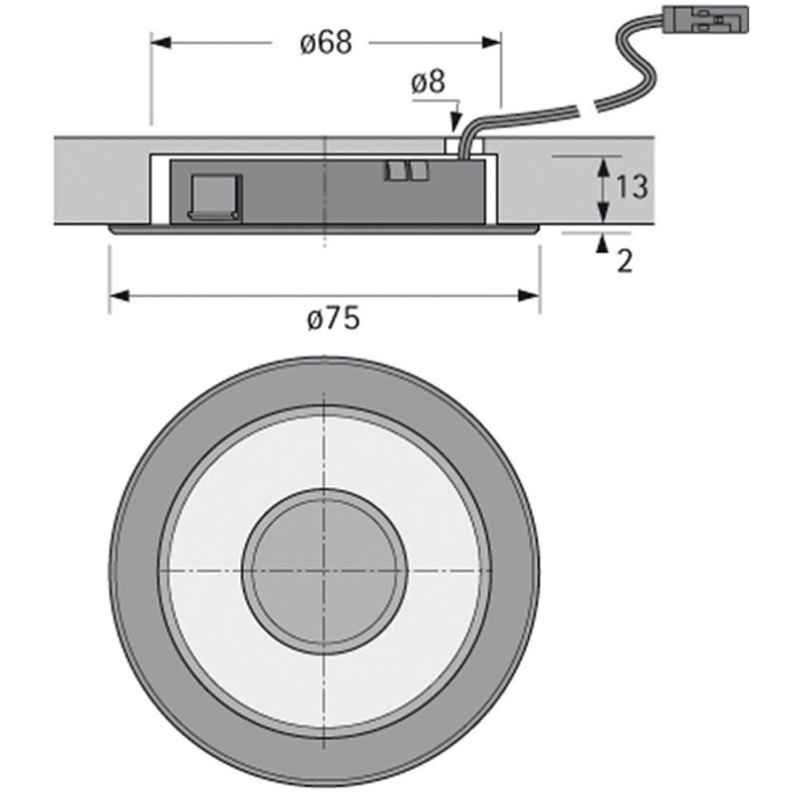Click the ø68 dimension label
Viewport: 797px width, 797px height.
coord(325,45)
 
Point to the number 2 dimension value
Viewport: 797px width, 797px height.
coord(625,261)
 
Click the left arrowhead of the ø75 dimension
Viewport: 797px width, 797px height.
coord(118,295)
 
